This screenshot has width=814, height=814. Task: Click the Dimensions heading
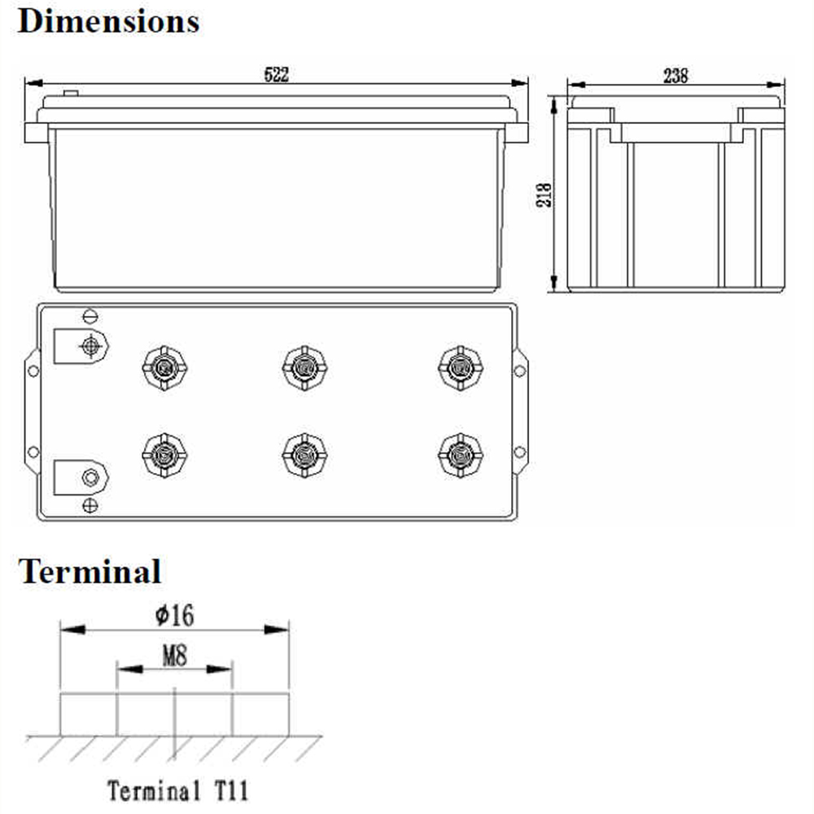pyautogui.click(x=108, y=22)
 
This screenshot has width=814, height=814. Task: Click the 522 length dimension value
pyautogui.click(x=276, y=74)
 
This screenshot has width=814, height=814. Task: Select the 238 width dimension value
pyautogui.click(x=676, y=76)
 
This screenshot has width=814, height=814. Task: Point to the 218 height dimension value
pyautogui.click(x=544, y=195)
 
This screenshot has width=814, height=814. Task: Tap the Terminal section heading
pyautogui.click(x=90, y=571)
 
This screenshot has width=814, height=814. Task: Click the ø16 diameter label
pyautogui.click(x=174, y=615)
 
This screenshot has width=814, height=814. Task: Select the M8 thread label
pyautogui.click(x=174, y=655)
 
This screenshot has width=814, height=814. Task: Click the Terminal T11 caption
pyautogui.click(x=177, y=790)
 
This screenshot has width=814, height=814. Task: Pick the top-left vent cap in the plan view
pyautogui.click(x=164, y=368)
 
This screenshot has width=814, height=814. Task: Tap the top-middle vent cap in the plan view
pyautogui.click(x=304, y=368)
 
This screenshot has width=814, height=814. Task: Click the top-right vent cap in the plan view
pyautogui.click(x=461, y=368)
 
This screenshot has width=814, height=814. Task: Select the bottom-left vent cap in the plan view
pyautogui.click(x=164, y=455)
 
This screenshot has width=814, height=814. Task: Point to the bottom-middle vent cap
pyautogui.click(x=304, y=455)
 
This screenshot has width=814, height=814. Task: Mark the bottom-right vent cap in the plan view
pyautogui.click(x=461, y=455)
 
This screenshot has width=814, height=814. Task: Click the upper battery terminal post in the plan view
pyautogui.click(x=90, y=346)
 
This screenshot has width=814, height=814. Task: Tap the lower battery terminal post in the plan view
pyautogui.click(x=90, y=477)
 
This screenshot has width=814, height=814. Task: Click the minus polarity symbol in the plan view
pyautogui.click(x=90, y=316)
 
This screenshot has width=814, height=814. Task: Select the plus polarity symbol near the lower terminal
pyautogui.click(x=90, y=505)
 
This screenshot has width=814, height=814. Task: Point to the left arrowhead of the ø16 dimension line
pyautogui.click(x=72, y=630)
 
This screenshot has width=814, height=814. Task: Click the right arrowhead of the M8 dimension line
pyautogui.click(x=219, y=669)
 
